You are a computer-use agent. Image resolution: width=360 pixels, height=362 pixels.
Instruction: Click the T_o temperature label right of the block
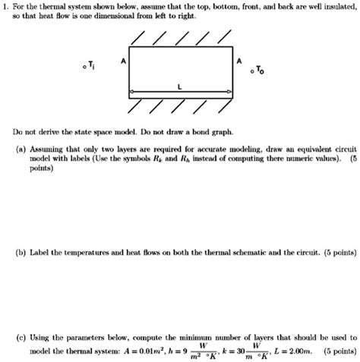tap(262, 71)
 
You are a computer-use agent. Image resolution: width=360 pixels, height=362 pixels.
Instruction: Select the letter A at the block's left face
tap(124, 59)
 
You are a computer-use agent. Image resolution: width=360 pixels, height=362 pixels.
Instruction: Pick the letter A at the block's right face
tap(240, 60)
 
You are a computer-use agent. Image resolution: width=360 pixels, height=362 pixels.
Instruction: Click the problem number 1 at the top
tap(5, 6)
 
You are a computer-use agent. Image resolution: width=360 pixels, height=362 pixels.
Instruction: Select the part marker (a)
tap(21, 150)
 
